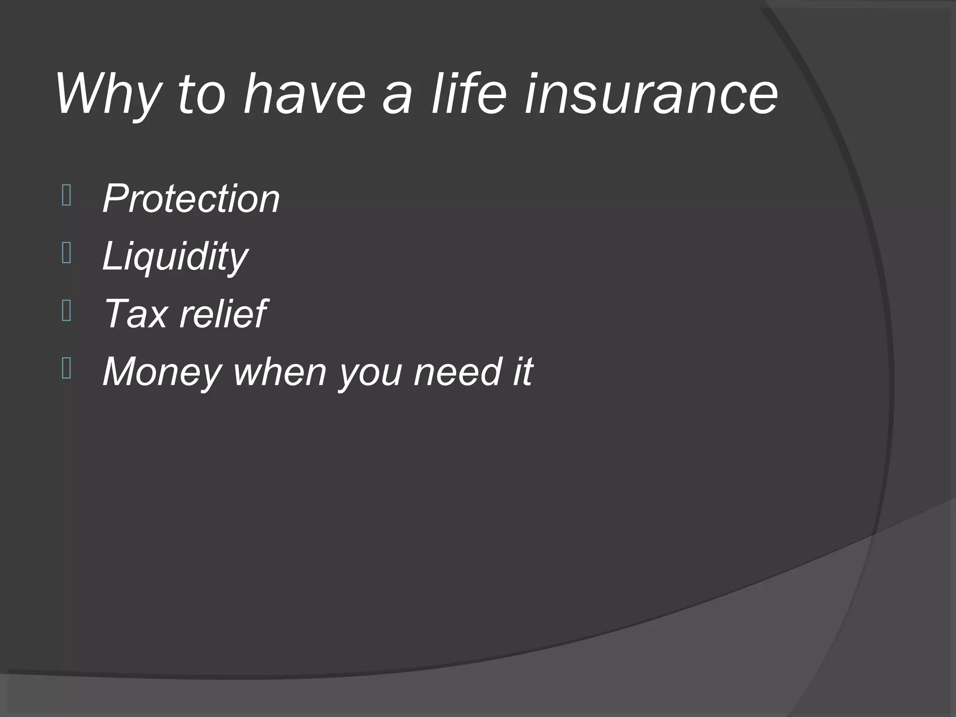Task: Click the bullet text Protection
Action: [x=191, y=199]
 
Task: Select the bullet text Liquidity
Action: [x=175, y=256]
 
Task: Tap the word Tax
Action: [x=135, y=314]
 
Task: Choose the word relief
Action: [x=223, y=314]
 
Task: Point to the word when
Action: [x=279, y=372]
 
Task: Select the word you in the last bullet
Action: [x=370, y=373]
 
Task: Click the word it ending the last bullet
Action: [x=522, y=372]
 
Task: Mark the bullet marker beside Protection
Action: [x=66, y=196]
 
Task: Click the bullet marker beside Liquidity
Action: [x=66, y=253]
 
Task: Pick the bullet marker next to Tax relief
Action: [x=66, y=311]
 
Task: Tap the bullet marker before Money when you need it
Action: [x=66, y=369]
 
